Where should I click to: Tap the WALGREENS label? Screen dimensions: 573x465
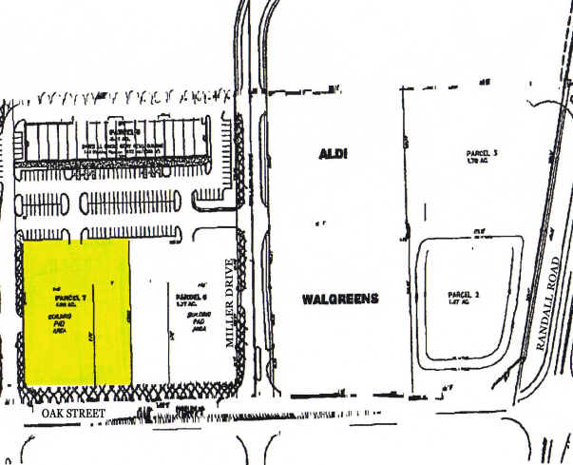(340, 299)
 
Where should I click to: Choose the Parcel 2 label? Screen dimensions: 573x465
(463, 295)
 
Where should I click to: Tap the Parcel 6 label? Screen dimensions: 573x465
(191, 297)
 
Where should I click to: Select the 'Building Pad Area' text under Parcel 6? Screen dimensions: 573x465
(198, 320)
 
